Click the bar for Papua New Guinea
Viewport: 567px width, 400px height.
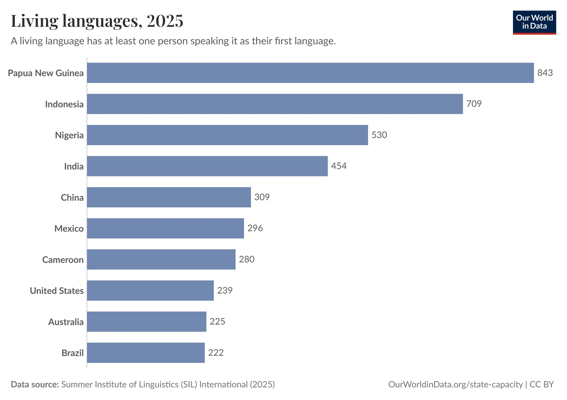tap(310, 73)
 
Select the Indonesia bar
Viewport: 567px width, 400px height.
tap(275, 104)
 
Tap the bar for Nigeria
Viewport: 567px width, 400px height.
tap(227, 135)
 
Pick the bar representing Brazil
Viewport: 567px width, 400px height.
tap(146, 353)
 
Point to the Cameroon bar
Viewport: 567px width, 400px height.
tap(161, 259)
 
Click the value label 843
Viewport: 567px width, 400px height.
tap(545, 73)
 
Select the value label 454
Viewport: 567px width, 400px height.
tap(339, 166)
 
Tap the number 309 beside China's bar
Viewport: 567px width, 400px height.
tap(262, 197)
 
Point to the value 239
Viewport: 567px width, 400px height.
tap(225, 290)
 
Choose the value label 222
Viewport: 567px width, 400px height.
tap(216, 353)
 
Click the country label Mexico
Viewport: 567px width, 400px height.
tap(69, 228)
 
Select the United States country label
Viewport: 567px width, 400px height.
tap(57, 291)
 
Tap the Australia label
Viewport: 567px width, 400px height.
tap(66, 322)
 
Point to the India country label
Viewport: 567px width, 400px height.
tap(74, 166)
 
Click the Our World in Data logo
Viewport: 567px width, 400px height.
tap(534, 22)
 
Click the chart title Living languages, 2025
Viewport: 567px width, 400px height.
tap(97, 21)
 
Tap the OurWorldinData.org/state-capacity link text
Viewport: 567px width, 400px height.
tap(455, 384)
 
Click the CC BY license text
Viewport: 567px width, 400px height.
tap(542, 384)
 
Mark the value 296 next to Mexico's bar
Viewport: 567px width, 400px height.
tap(255, 228)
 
